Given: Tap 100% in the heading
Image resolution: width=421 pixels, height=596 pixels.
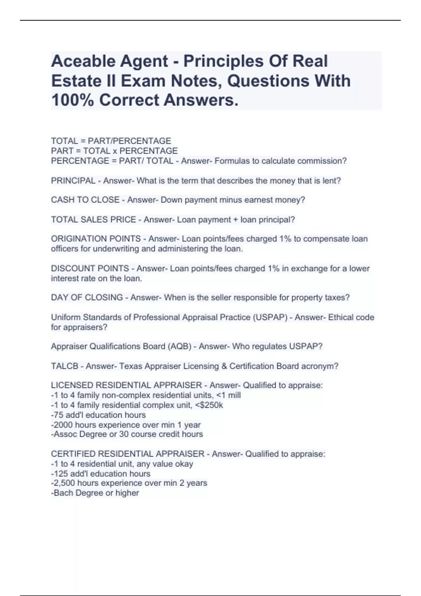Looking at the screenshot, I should click(x=72, y=100).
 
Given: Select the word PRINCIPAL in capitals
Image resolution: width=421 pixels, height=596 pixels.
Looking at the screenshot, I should click(x=73, y=181).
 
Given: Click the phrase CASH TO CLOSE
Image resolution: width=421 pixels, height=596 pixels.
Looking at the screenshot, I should click(x=85, y=200).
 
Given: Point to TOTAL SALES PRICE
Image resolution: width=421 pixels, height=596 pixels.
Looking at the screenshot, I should click(x=93, y=220).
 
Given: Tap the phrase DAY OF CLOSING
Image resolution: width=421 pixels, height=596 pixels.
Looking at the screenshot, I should click(x=87, y=298).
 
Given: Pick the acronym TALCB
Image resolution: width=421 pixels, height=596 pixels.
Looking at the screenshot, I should click(x=65, y=366).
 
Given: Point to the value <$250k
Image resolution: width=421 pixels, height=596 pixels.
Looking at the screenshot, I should click(x=210, y=405).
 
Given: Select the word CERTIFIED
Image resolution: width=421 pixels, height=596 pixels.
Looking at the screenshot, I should click(x=73, y=454).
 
